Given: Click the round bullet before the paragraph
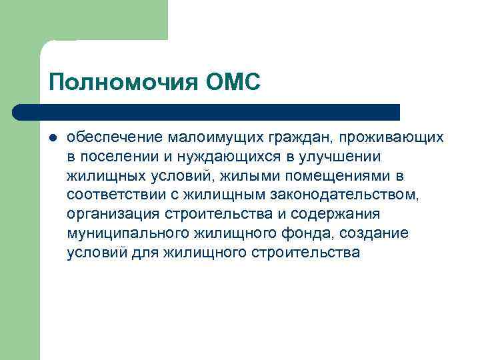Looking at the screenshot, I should point(53,137).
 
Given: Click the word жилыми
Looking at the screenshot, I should point(233,175).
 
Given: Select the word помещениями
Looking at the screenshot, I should point(319,175).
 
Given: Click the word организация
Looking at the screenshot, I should point(110,214).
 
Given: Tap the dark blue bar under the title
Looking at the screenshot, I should point(207,111).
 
